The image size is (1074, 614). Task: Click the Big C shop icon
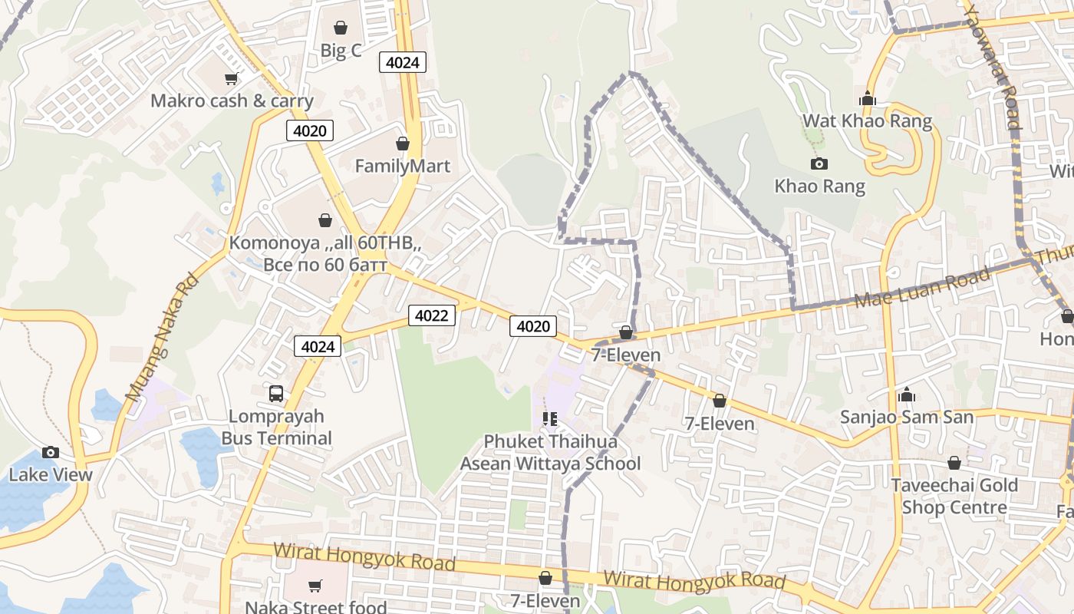(x=341, y=28)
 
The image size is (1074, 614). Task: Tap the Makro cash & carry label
(x=232, y=101)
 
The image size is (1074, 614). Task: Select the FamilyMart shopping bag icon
(x=402, y=144)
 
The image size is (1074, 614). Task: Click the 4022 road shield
(x=431, y=315)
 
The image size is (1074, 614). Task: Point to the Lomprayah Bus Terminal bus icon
(x=276, y=394)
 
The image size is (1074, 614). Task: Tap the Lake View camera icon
(x=51, y=452)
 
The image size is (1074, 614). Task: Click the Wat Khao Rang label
(x=867, y=120)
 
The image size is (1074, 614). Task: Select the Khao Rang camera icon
(x=819, y=163)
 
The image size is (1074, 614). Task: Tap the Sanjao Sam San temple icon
(x=906, y=394)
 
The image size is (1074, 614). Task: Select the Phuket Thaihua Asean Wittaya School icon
(x=549, y=419)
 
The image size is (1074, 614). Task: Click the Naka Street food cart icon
(x=315, y=586)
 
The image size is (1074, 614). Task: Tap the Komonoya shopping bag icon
(x=325, y=220)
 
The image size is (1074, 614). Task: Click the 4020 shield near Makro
(x=310, y=130)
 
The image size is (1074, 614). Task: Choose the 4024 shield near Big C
(x=402, y=62)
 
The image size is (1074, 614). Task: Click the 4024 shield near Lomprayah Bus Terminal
(x=318, y=346)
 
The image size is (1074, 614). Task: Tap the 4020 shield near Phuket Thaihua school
(x=533, y=326)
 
